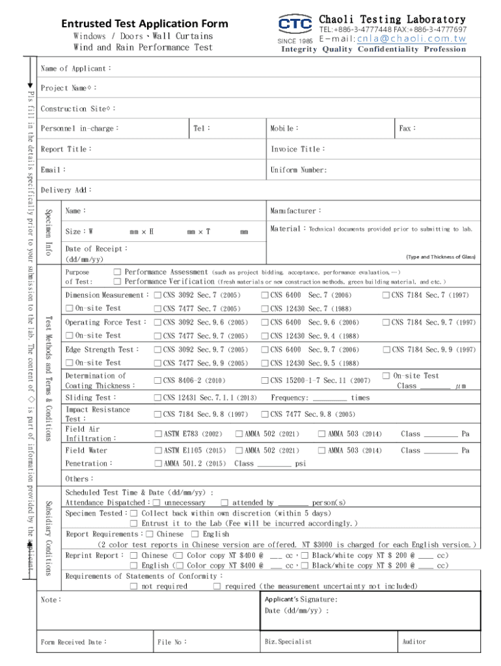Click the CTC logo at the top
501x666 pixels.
tap(295, 25)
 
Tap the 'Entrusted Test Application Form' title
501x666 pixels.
tap(144, 24)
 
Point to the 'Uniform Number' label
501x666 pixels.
tap(299, 170)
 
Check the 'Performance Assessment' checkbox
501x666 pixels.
tap(117, 272)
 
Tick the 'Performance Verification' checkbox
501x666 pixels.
tap(117, 282)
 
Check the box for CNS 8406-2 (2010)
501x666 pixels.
tap(157, 380)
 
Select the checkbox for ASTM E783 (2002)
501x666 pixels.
tap(157, 434)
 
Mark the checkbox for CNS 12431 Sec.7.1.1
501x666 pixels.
tap(157, 397)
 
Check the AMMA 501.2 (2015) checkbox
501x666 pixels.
tap(157, 464)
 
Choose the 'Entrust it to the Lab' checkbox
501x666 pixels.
tap(134, 524)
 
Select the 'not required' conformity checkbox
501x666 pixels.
tap(134, 587)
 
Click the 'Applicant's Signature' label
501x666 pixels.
tap(301, 600)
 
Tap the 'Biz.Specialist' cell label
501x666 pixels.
tap(288, 642)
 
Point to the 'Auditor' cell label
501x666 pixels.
tap(414, 642)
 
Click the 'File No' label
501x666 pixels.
tap(172, 643)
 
